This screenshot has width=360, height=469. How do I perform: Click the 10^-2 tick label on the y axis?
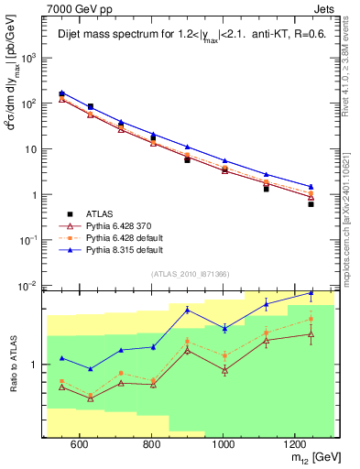point(30,286)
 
